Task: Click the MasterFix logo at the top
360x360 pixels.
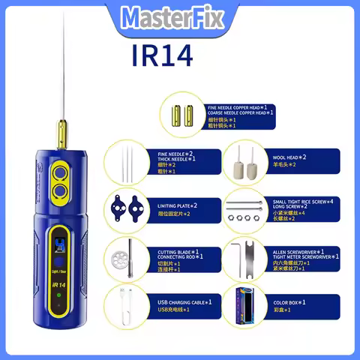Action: [x=181, y=16]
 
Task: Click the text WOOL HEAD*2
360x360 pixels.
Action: [x=283, y=158]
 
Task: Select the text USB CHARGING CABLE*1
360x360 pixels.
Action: [x=184, y=301]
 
